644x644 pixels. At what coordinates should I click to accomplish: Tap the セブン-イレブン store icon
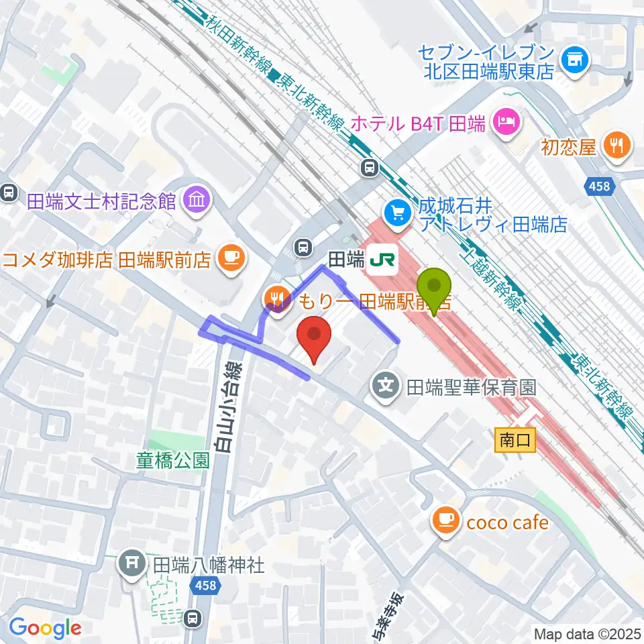(574, 62)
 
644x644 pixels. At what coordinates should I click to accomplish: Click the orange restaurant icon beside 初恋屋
(615, 146)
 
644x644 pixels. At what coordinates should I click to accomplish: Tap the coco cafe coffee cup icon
(446, 521)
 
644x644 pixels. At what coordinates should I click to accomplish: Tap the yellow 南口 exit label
(515, 441)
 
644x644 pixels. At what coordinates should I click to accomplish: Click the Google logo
(46, 628)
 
